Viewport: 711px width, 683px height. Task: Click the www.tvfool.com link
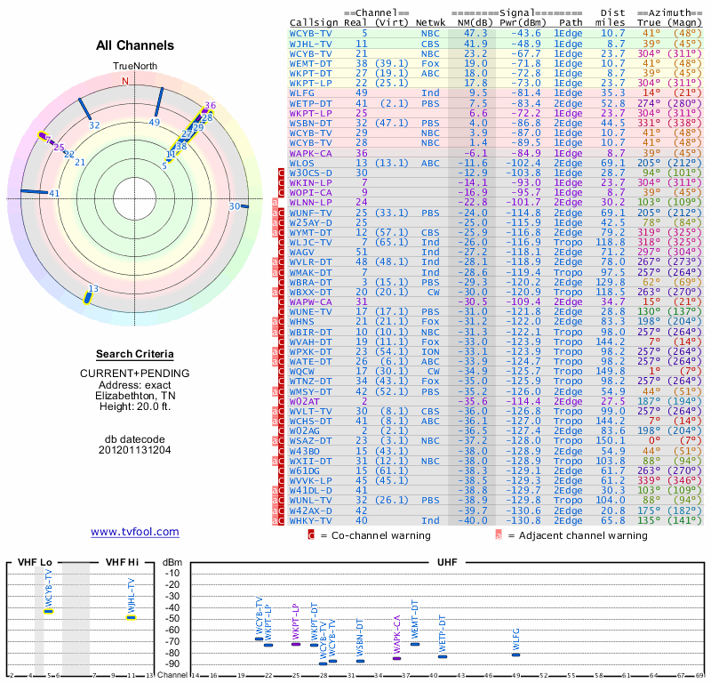tap(135, 532)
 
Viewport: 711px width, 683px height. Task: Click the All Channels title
tap(135, 44)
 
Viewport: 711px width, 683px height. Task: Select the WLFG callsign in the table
tap(303, 92)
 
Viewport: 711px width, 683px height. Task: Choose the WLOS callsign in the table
tap(303, 164)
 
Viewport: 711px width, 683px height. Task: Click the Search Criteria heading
tap(135, 353)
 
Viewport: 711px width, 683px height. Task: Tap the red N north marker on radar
tap(125, 81)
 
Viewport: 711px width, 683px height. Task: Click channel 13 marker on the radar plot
tap(88, 295)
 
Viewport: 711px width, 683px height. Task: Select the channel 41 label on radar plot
tap(54, 193)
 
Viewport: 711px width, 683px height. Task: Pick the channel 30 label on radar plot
tap(233, 206)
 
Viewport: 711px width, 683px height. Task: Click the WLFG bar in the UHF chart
tap(515, 655)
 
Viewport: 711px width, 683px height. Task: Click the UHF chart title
tap(447, 562)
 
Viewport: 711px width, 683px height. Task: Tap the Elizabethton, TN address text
tap(135, 396)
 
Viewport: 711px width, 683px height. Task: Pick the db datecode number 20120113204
tap(135, 450)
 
